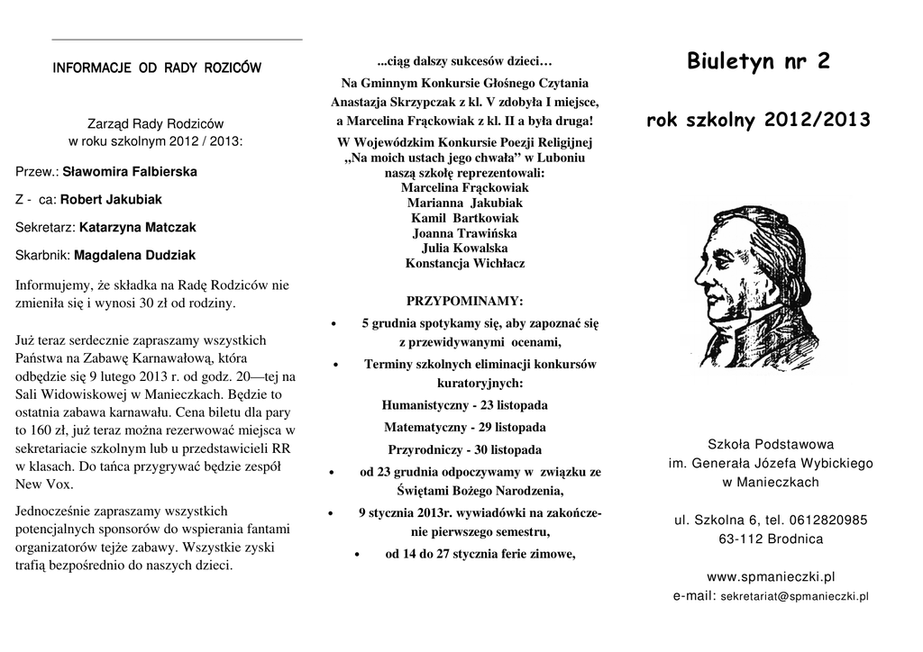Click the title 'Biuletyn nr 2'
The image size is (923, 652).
coord(758,61)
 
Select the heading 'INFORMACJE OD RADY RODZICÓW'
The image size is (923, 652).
coord(157,68)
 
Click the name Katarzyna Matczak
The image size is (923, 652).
coord(137,228)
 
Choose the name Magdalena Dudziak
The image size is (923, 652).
coord(134,256)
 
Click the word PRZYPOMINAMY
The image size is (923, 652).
coord(464,300)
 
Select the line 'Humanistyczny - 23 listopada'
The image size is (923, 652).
coord(464,405)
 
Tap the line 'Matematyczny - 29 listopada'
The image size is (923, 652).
coord(464,427)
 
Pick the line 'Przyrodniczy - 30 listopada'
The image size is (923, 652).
coord(464,449)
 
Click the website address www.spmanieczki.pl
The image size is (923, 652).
coord(771,576)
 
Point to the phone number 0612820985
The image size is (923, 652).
coord(827,520)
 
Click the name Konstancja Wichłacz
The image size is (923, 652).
coord(464,264)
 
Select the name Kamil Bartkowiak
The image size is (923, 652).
coord(464,218)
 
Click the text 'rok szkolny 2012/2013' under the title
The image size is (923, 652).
coord(758,121)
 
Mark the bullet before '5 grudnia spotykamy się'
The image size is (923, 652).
coord(335,323)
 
